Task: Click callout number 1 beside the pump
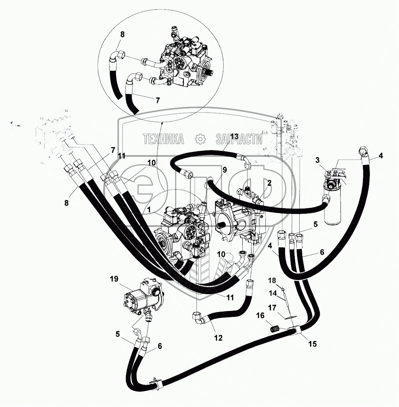(149, 210)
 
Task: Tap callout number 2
(269, 183)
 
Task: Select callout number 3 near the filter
(317, 160)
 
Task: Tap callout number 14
(273, 293)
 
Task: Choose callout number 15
(312, 344)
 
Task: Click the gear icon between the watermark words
(200, 139)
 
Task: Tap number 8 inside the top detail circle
(122, 34)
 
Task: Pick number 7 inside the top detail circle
(157, 100)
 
